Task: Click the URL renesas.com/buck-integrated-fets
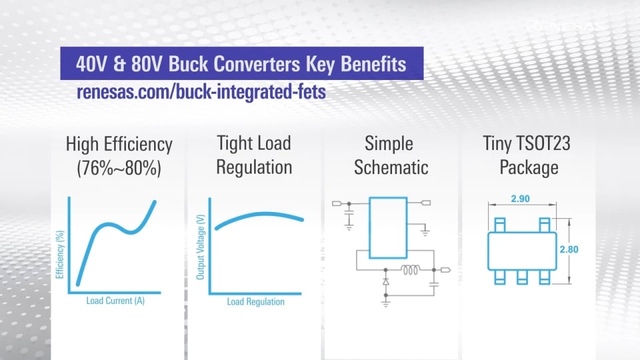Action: [x=201, y=92]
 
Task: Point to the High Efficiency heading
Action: [x=119, y=144]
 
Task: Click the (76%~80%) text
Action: [x=119, y=168]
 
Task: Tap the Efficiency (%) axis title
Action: [x=60, y=253]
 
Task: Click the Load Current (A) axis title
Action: [x=115, y=301]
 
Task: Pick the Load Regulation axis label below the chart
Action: [x=255, y=302]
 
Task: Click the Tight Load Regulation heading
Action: [x=254, y=154]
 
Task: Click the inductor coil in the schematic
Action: [x=410, y=270]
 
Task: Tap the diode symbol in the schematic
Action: [x=386, y=283]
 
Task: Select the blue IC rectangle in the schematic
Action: [x=388, y=227]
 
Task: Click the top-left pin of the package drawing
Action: [x=500, y=221]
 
